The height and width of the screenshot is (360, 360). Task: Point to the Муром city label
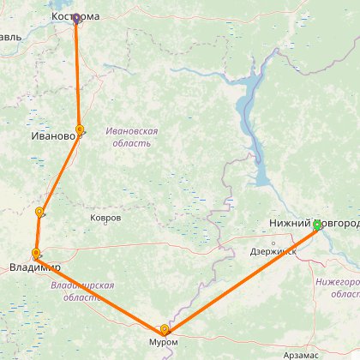pyautogui.click(x=163, y=318)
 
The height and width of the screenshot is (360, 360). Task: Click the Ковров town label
pyautogui.click(x=105, y=218)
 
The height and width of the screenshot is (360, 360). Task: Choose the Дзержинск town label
pyautogui.click(x=273, y=252)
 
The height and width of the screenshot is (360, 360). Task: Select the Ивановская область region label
pyautogui.click(x=132, y=137)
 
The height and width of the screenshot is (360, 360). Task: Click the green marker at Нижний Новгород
pyautogui.click(x=317, y=225)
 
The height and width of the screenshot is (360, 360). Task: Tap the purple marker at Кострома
pyautogui.click(x=75, y=18)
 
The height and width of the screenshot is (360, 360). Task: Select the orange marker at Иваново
pyautogui.click(x=80, y=130)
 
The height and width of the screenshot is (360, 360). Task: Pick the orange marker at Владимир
pyautogui.click(x=36, y=254)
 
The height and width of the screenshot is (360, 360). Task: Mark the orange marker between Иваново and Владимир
pyautogui.click(x=39, y=212)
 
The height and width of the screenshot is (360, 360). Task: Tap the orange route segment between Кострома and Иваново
pyautogui.click(x=77, y=74)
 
